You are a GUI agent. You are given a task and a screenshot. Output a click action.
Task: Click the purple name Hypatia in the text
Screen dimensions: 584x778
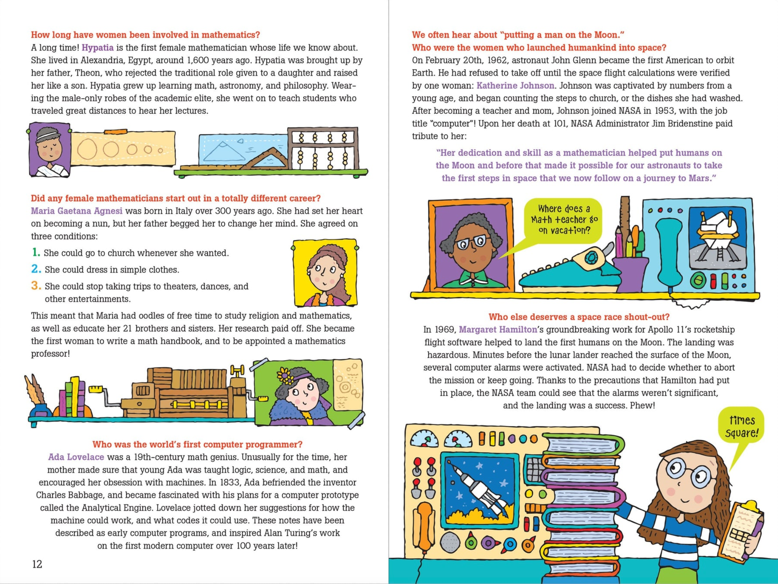point(97,48)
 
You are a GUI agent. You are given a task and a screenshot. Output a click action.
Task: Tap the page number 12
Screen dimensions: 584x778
point(37,564)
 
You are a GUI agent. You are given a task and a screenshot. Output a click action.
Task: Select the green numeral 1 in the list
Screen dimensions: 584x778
point(36,252)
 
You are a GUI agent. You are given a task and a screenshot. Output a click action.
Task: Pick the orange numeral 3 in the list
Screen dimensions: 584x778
point(36,286)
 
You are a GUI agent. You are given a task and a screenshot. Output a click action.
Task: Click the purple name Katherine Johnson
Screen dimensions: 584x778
point(515,86)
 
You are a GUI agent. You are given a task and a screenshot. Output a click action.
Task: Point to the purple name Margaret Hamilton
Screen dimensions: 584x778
point(498,330)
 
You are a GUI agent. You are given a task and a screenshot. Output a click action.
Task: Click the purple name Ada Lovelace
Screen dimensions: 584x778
point(76,457)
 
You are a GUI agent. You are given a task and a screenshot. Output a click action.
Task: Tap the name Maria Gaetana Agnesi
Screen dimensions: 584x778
point(76,211)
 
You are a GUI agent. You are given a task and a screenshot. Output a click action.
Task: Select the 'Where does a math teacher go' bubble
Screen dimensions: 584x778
point(563,220)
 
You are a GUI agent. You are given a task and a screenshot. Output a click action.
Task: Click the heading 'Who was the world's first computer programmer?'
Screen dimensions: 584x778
point(197,445)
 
